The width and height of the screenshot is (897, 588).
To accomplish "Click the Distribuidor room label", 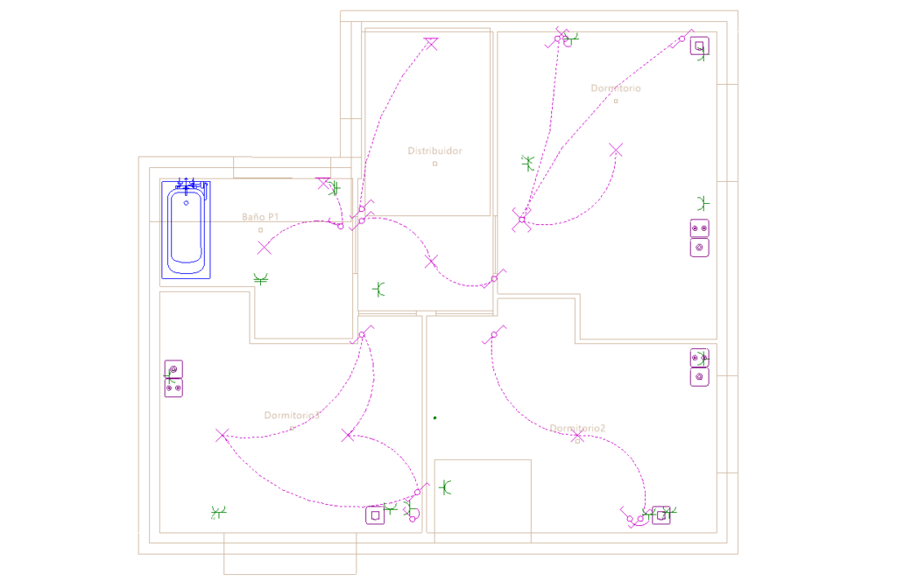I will tap(434, 151).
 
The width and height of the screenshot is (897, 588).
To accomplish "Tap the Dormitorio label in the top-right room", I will tap(615, 88).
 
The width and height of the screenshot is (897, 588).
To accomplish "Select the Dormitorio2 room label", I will tap(577, 428).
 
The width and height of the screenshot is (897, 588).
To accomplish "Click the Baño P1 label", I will tap(260, 216).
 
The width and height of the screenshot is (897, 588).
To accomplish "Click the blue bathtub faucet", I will tap(190, 184).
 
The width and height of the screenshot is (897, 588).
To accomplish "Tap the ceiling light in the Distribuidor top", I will tap(430, 44).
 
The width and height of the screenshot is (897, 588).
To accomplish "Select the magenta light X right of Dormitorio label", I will tap(616, 150).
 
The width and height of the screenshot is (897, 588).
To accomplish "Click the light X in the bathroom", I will tap(264, 248).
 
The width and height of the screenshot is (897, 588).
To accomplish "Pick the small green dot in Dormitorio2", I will tap(434, 417).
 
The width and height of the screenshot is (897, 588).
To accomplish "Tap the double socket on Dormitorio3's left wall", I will tap(173, 378).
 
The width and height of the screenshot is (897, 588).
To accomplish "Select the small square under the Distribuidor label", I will tap(434, 164).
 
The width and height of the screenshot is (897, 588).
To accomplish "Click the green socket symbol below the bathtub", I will tap(260, 279).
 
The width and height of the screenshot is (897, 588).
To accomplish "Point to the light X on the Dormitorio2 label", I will tap(576, 435).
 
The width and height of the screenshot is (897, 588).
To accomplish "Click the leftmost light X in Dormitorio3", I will tap(222, 435).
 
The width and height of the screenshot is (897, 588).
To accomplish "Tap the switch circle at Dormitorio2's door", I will tap(494, 335).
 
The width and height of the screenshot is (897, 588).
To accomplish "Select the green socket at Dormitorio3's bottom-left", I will tap(218, 511).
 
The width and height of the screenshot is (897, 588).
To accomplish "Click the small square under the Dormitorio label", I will tap(616, 101).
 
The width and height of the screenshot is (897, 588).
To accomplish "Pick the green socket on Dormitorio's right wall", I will tap(702, 203).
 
